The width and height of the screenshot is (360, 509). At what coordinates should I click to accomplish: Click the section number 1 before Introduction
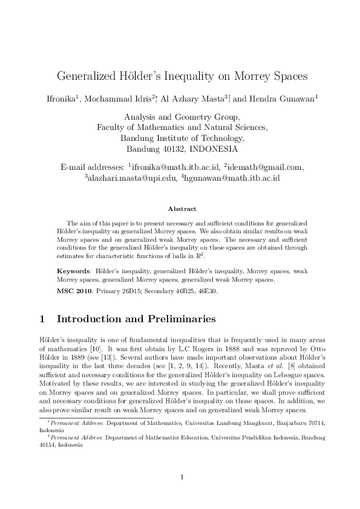tap(42, 318)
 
